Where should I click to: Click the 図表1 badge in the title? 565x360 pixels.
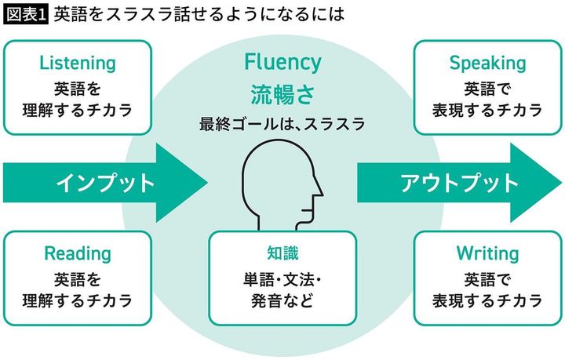tap(26, 14)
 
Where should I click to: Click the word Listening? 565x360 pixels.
tap(77, 64)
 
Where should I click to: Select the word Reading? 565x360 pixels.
tap(77, 253)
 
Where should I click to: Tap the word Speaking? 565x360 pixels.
tap(487, 64)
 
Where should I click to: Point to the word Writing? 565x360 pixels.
tap(487, 253)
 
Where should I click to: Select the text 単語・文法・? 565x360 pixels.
tap(283, 278)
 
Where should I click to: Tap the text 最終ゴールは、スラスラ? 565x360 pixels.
tap(282, 124)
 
